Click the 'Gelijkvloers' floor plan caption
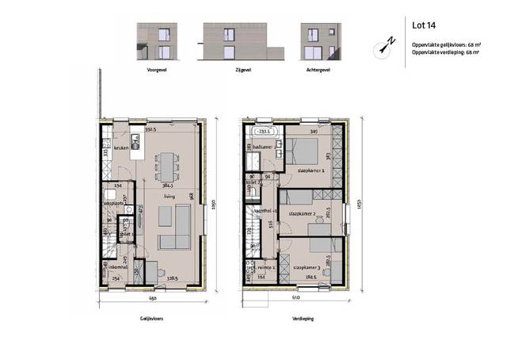coord(151,316)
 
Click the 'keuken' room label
coord(120,148)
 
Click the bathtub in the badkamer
coord(261,132)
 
